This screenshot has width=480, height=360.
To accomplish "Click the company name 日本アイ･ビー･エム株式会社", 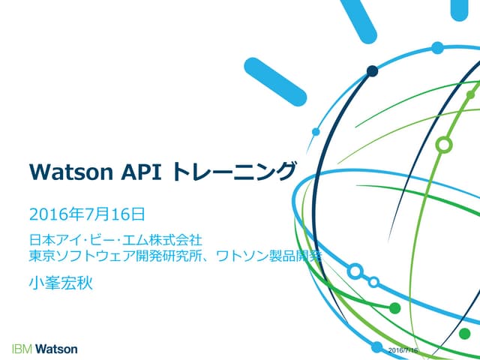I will [115, 241].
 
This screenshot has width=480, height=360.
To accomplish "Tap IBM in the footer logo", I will [22, 349].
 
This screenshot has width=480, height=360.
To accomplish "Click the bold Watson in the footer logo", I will [56, 349].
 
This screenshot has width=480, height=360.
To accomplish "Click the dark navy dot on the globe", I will [372, 71].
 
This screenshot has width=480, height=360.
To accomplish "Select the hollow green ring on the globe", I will [444, 143].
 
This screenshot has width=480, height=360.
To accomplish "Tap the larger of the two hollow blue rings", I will [355, 271].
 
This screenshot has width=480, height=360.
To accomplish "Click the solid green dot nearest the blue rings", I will [395, 307].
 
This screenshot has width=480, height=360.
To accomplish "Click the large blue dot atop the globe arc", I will [437, 48].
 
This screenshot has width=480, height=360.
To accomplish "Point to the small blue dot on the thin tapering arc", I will [316, 131].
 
